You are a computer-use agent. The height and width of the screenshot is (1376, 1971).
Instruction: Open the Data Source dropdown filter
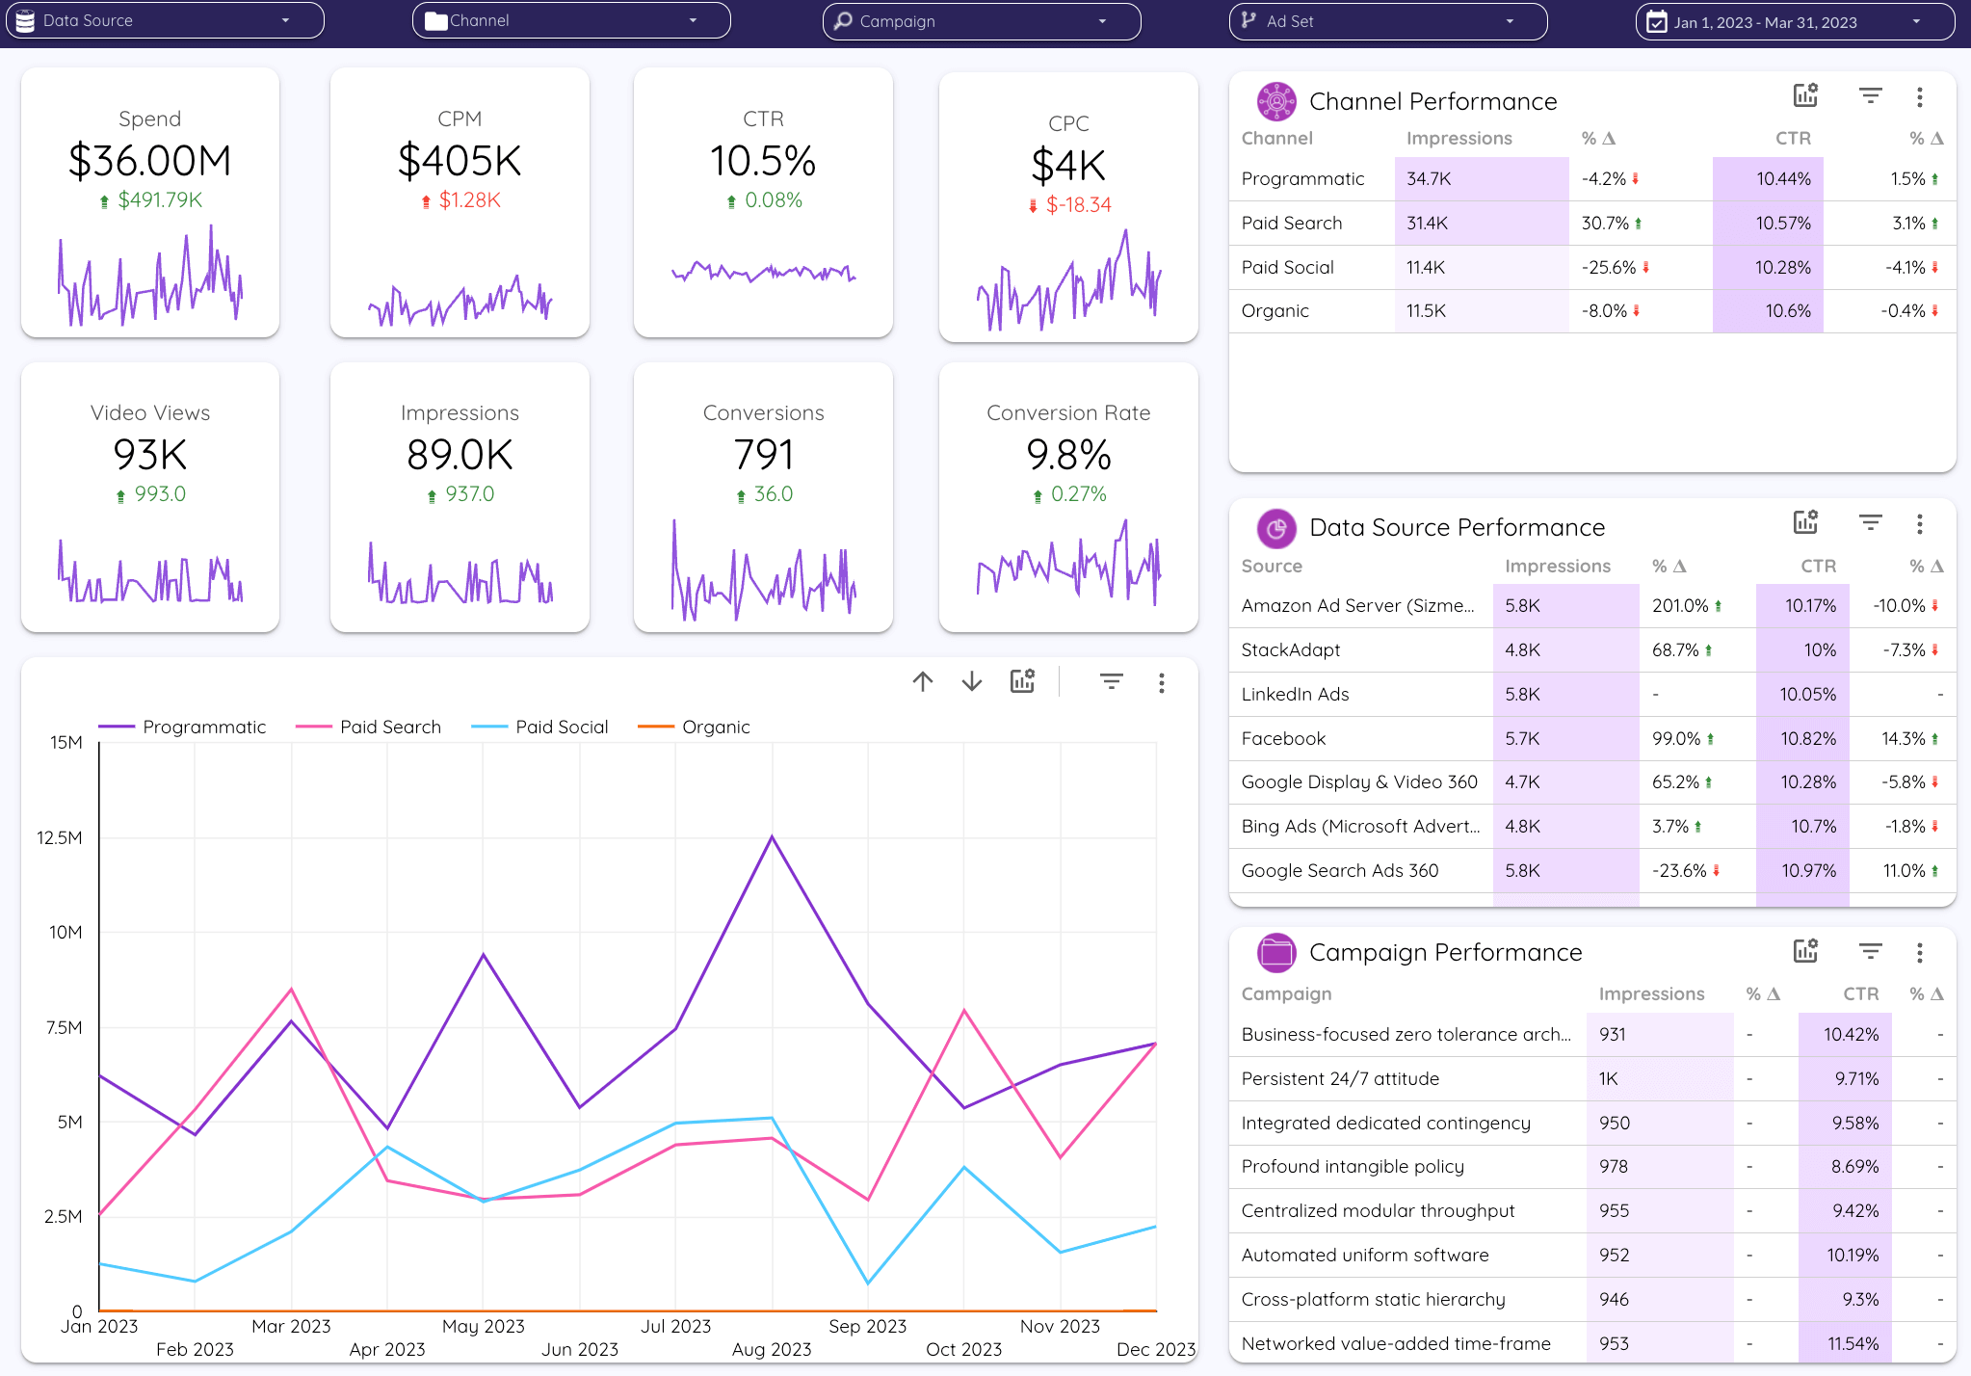tap(164, 20)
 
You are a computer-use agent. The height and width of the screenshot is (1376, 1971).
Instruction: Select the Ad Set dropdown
tap(1387, 21)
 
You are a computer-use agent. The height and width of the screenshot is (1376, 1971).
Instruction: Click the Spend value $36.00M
tap(150, 161)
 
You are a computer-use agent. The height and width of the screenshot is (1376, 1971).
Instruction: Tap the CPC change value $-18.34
tap(1078, 205)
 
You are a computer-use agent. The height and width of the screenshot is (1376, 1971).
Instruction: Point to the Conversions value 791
tap(763, 455)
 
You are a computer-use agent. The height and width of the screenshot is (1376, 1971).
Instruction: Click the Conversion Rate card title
tap(1068, 413)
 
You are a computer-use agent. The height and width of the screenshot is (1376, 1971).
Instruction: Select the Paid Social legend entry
tap(561, 728)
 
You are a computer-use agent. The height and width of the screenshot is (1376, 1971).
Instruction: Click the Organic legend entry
tap(715, 728)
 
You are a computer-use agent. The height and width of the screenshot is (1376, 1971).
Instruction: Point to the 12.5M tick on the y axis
tap(60, 837)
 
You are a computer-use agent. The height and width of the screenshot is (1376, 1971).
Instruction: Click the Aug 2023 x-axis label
tap(772, 1349)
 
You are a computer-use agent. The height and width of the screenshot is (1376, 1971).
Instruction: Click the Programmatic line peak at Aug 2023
tap(772, 836)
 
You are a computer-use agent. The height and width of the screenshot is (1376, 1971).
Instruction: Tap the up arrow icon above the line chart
tap(923, 682)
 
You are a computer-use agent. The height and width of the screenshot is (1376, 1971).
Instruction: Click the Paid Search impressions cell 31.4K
tap(1428, 224)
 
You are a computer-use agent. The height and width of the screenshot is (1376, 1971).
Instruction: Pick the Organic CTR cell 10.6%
tap(1787, 311)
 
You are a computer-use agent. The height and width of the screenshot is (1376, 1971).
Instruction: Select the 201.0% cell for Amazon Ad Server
tap(1680, 606)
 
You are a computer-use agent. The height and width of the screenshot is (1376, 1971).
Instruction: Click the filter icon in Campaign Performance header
tap(1870, 952)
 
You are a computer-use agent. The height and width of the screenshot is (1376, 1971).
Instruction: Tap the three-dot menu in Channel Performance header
tap(1919, 97)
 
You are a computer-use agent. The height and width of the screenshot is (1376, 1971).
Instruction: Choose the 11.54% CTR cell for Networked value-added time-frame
tap(1853, 1343)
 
